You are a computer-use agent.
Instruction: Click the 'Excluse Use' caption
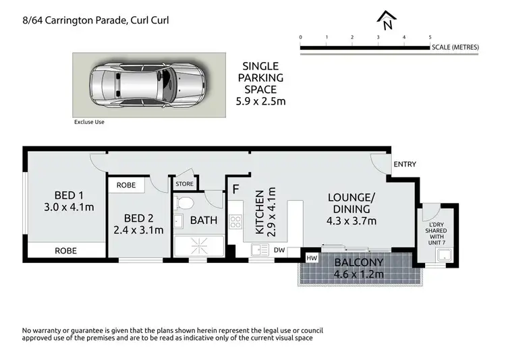89,122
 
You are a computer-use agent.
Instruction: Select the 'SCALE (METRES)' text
455,47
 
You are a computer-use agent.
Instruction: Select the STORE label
184,183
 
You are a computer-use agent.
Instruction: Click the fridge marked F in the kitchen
236,189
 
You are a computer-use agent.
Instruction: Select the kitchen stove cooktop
235,222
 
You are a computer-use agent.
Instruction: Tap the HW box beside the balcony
312,258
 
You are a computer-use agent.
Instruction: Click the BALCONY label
358,262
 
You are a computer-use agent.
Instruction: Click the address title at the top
86,20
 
